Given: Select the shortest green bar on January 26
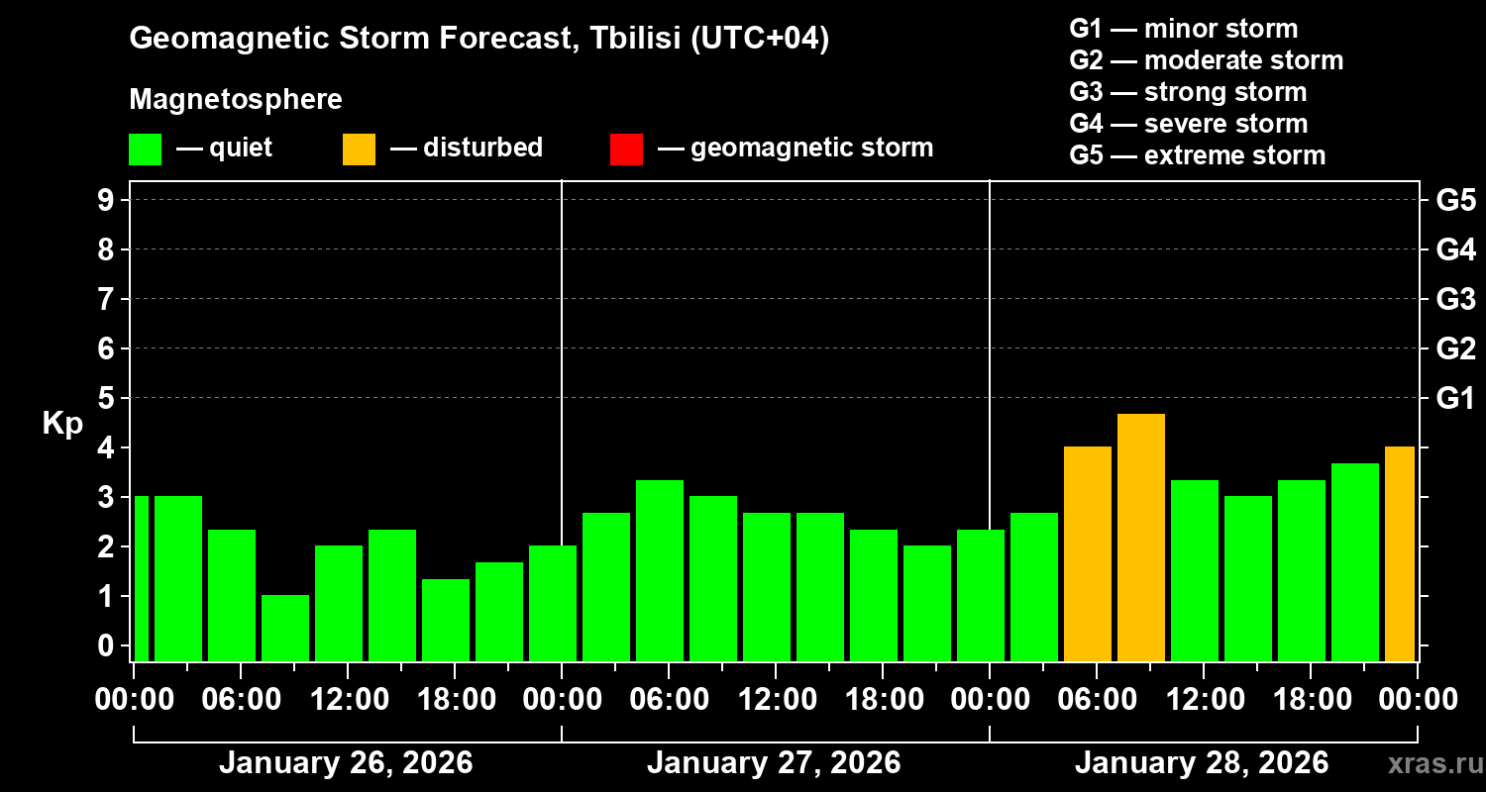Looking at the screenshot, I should pyautogui.click(x=285, y=628).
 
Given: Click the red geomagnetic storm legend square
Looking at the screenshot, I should pyautogui.click(x=626, y=148).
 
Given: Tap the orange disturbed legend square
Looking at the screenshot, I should pyautogui.click(x=359, y=148).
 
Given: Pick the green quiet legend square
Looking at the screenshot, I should pyautogui.click(x=145, y=148).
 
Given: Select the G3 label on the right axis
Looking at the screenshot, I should pyautogui.click(x=1455, y=299).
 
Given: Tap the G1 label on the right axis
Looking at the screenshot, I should pyautogui.click(x=1455, y=398).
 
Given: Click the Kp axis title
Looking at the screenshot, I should pyautogui.click(x=61, y=424).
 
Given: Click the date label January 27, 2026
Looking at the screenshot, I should pyautogui.click(x=774, y=763).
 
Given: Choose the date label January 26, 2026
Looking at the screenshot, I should pyautogui.click(x=346, y=763).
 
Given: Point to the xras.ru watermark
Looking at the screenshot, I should pyautogui.click(x=1431, y=764).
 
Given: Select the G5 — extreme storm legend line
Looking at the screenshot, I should pyautogui.click(x=1197, y=155).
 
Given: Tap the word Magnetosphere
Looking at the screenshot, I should pyautogui.click(x=236, y=100).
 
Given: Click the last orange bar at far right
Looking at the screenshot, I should pyautogui.click(x=1399, y=553).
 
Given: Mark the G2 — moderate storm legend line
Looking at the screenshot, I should pyautogui.click(x=1206, y=60).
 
